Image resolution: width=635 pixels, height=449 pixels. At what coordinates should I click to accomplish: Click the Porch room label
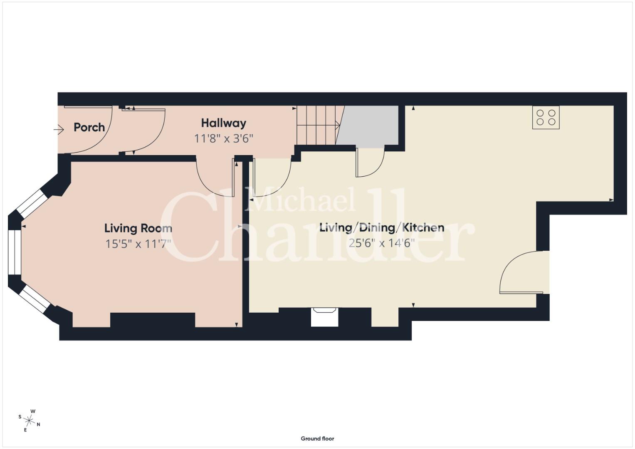coord(89,128)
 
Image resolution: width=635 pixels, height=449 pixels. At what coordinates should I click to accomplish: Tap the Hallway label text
coord(223,123)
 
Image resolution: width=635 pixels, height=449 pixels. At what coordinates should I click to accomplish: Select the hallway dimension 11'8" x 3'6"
coord(223,138)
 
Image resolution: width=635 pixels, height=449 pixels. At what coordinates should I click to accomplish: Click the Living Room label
coord(138,228)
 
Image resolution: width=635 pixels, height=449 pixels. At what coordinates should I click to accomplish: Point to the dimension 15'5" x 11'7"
coord(138,244)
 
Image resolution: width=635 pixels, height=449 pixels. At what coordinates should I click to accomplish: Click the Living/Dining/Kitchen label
coord(382,228)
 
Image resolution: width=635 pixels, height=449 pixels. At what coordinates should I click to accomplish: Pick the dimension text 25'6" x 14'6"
coord(382,243)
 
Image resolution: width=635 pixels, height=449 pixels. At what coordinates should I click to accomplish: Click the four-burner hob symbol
coord(546,117)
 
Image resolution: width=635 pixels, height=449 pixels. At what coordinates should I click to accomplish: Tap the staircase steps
coord(318,125)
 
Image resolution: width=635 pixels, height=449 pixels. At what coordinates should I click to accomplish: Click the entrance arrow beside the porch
coord(59,130)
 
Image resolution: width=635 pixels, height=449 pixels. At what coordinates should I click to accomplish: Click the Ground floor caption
coord(318,439)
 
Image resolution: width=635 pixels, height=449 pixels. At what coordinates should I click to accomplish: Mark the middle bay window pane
coord(15,252)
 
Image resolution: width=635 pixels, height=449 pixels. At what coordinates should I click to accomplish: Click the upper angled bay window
coord(32,203)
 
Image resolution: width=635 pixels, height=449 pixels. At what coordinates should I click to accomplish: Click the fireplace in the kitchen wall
coord(325,317)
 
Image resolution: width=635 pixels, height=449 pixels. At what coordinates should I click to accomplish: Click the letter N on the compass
coord(39,424)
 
